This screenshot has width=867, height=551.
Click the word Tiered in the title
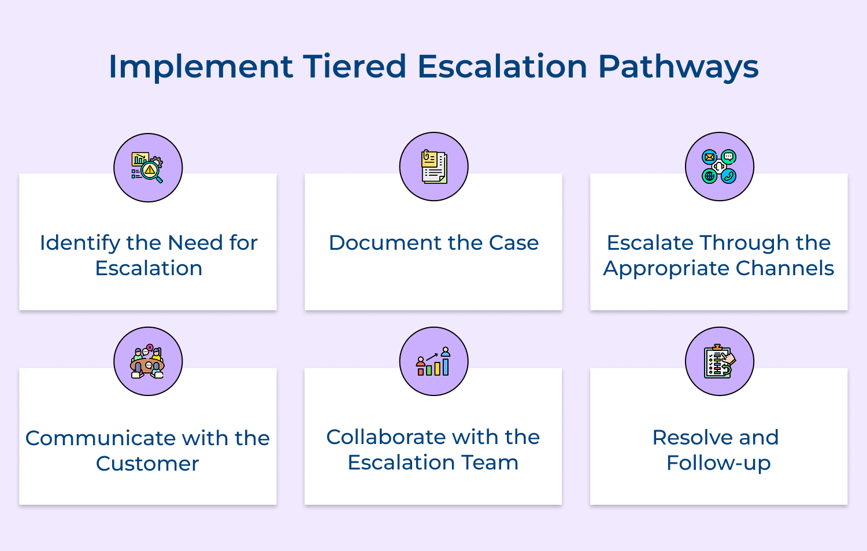(354, 66)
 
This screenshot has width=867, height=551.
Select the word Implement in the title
(201, 66)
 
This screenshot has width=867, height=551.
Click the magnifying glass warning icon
(148, 168)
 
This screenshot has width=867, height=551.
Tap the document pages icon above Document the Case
(433, 167)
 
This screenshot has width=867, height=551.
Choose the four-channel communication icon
(719, 167)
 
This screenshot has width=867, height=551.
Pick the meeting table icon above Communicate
(148, 361)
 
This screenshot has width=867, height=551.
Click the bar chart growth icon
(433, 361)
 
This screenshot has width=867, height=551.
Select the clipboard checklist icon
(719, 361)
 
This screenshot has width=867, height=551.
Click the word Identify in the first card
(80, 243)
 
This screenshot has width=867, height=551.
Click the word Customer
(147, 464)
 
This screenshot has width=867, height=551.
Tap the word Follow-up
(718, 463)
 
